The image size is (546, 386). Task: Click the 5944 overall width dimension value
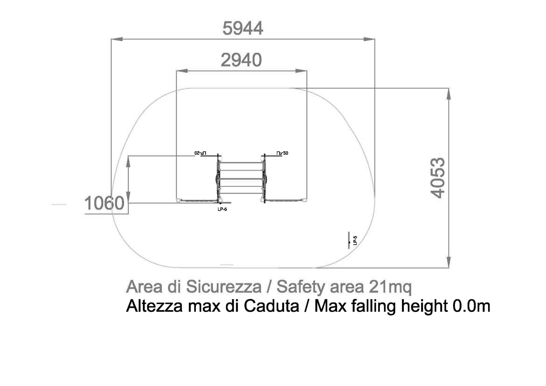242,28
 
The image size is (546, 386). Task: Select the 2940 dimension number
241,60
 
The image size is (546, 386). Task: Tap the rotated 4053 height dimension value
438,178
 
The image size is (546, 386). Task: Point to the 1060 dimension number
104,203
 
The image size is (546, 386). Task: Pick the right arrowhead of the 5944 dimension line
369,39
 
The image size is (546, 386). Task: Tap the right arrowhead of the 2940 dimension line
301,71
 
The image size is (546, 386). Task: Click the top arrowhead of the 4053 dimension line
449,94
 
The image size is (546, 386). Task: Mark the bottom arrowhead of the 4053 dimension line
449,262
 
